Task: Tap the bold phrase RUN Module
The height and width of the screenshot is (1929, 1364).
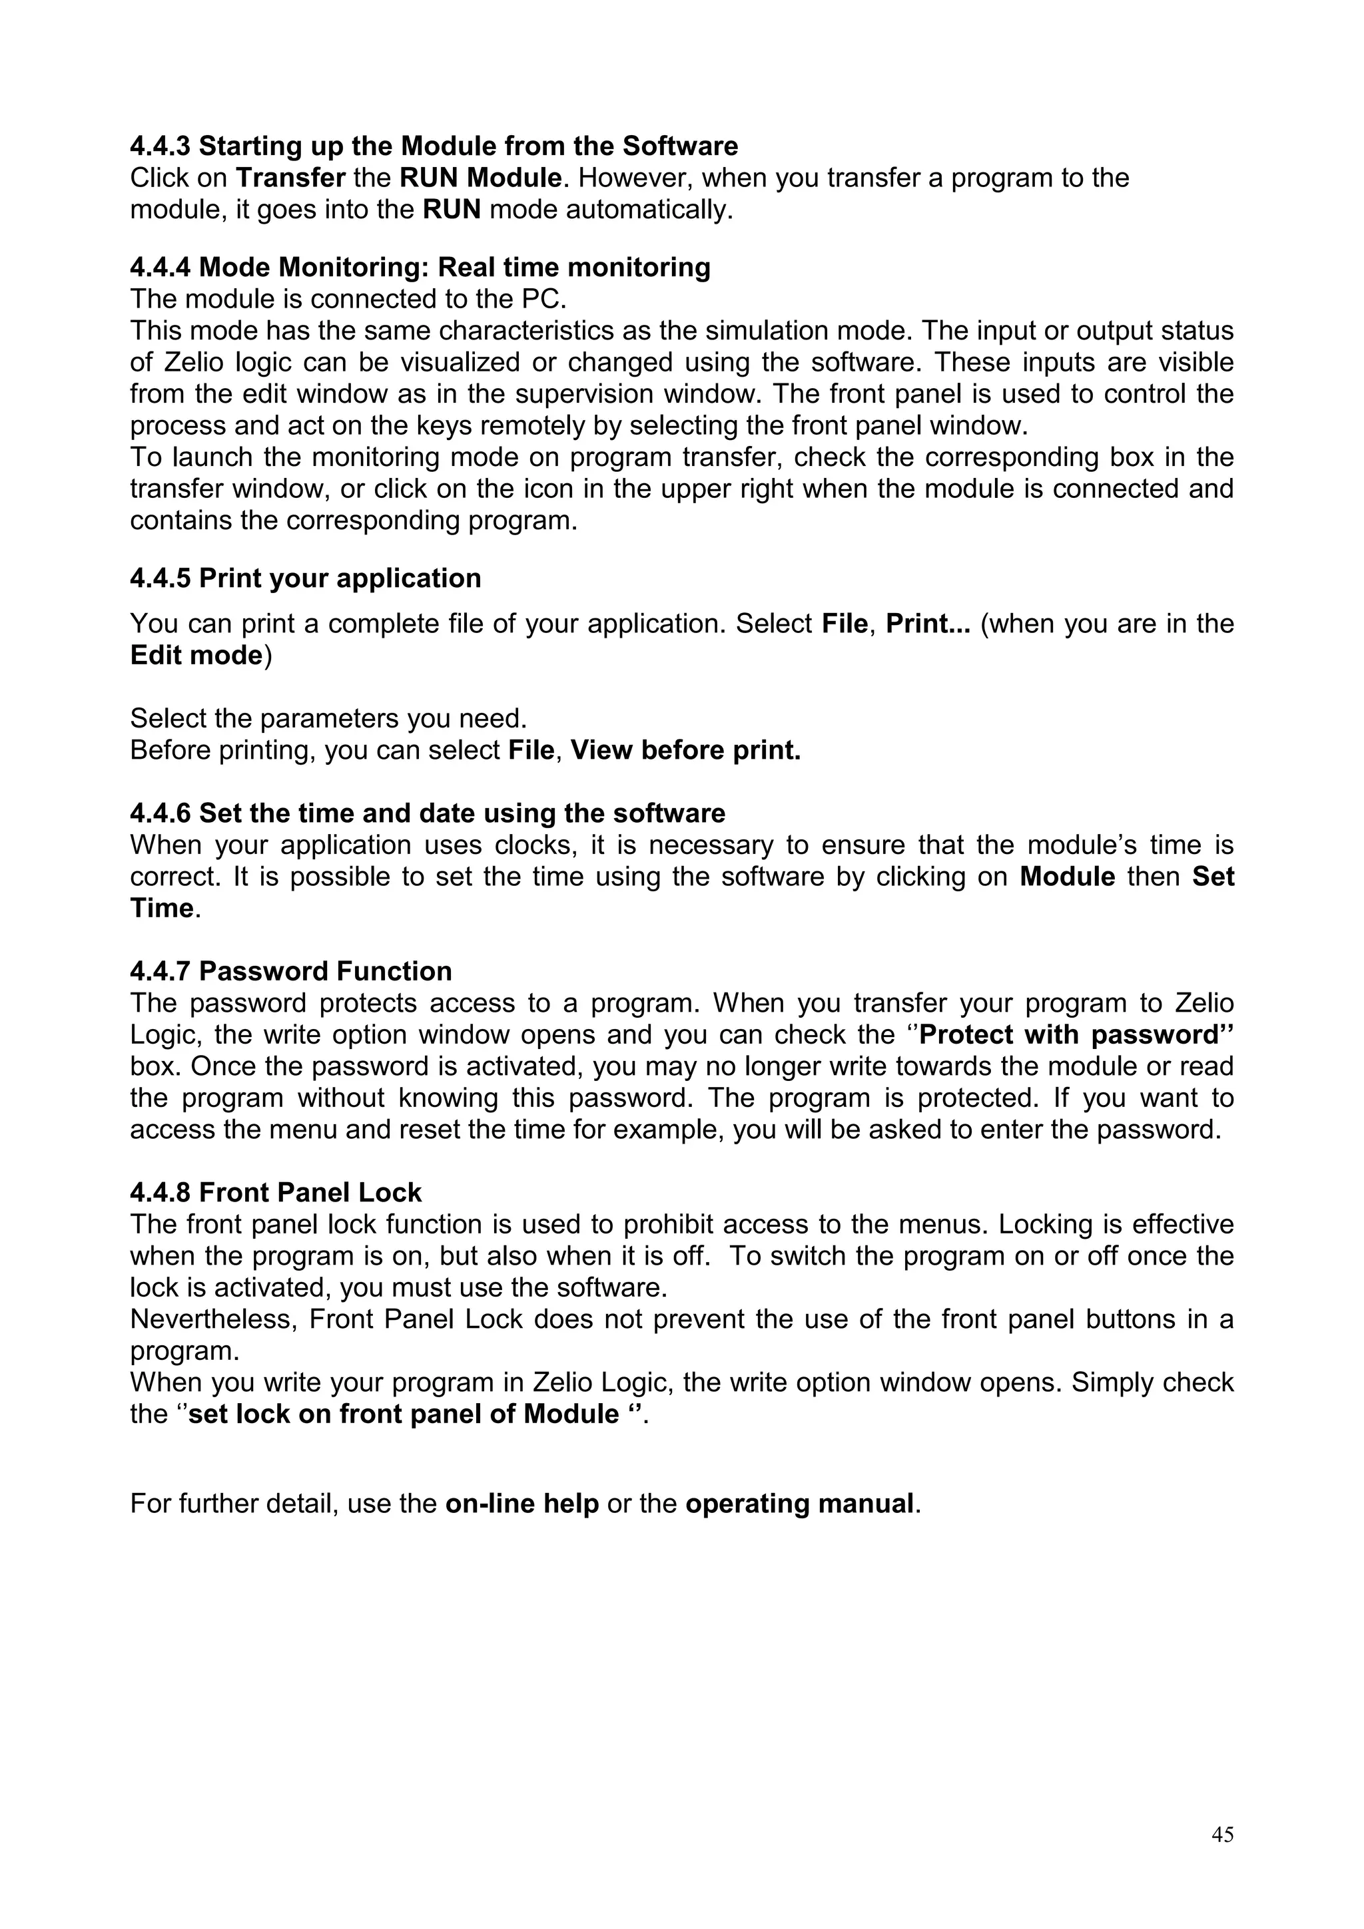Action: tap(480, 178)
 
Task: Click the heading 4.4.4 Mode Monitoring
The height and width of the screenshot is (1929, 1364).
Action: tap(420, 267)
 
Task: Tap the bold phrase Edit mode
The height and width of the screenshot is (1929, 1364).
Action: tap(196, 656)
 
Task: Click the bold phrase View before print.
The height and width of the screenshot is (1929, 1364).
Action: tap(685, 750)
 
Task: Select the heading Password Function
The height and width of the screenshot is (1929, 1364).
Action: tap(325, 971)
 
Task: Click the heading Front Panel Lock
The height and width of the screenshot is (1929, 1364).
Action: tap(310, 1193)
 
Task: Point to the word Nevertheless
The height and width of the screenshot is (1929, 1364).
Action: tap(214, 1320)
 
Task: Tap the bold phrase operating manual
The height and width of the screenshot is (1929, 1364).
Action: tap(799, 1504)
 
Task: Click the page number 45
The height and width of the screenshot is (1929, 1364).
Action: tap(1222, 1836)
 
